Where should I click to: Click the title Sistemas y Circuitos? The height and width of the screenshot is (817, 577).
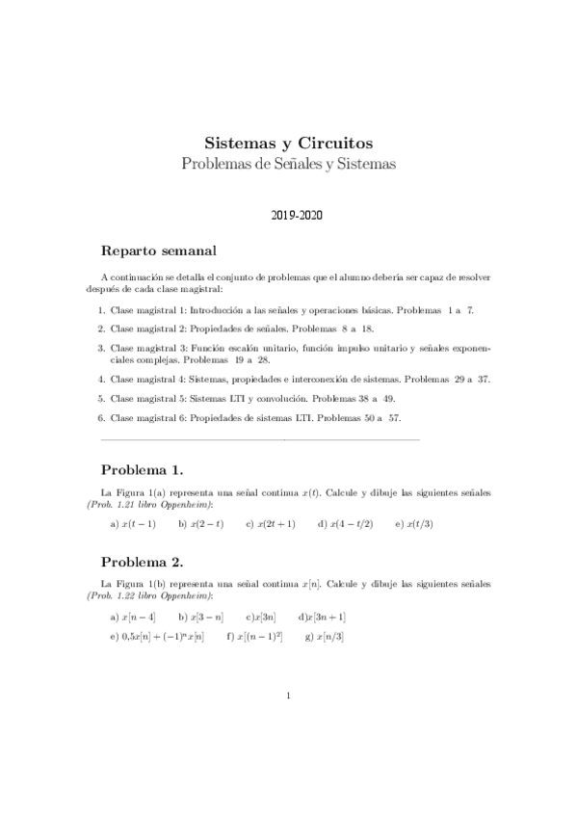288,143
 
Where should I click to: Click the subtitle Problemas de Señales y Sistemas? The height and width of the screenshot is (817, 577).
288,164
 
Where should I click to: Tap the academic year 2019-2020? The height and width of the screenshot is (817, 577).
288,216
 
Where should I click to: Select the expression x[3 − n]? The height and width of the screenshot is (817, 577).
207,617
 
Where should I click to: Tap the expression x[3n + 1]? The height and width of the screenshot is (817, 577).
327,617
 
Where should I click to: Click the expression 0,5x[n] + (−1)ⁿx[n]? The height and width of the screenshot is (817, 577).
163,637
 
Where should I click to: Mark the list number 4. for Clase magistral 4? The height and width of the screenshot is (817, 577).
101,379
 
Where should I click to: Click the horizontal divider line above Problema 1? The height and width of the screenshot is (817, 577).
260,439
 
